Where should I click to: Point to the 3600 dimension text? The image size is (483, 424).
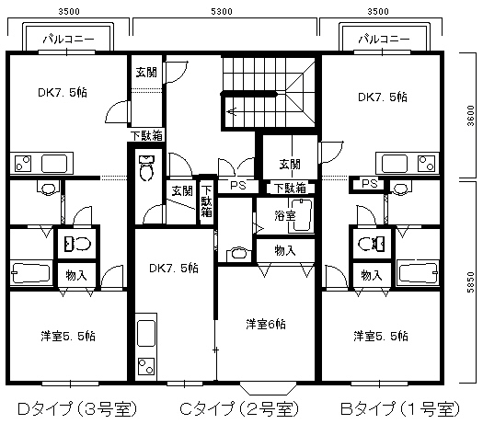(x=471, y=118)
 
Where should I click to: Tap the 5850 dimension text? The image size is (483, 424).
(x=471, y=281)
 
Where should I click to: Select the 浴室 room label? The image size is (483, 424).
(x=284, y=215)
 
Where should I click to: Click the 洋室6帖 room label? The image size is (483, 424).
(x=265, y=324)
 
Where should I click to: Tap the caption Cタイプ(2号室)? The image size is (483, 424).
(x=238, y=407)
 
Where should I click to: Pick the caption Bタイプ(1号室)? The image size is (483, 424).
(x=398, y=407)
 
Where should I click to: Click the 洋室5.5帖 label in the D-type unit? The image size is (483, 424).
(x=69, y=335)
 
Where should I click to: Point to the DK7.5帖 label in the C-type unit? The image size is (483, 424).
(x=174, y=268)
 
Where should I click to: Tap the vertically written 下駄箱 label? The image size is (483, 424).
(x=206, y=200)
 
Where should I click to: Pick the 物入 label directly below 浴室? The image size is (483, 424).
(x=284, y=249)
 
